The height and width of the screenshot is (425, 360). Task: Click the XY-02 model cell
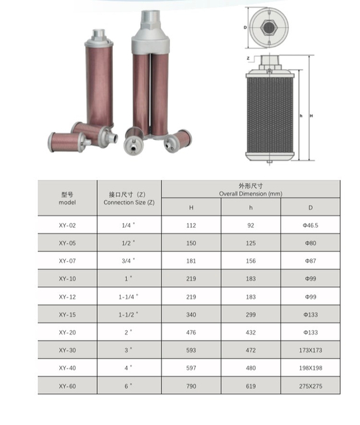tap(67, 225)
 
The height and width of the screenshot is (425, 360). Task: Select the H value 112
tap(191, 225)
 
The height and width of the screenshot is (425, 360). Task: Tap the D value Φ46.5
tap(310, 225)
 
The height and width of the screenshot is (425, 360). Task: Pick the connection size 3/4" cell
tap(128, 261)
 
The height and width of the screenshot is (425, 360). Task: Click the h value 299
tap(251, 315)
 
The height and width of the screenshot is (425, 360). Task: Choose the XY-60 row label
tap(67, 386)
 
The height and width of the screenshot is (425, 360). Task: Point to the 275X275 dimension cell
tap(311, 386)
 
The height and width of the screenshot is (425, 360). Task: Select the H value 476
tap(191, 332)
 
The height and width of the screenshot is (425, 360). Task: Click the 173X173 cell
tap(311, 350)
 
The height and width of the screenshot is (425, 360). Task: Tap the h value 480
tap(251, 368)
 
